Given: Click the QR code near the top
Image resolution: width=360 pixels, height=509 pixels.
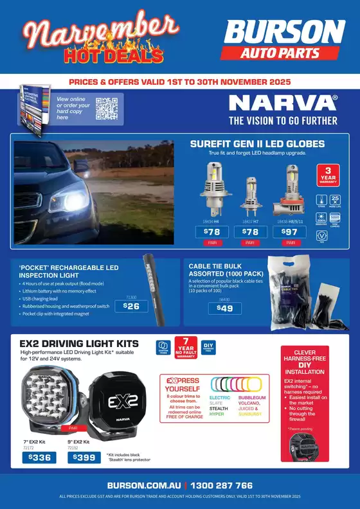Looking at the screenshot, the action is coord(106,108).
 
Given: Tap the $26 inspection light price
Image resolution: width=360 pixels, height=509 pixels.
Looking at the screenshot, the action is coord(131,307).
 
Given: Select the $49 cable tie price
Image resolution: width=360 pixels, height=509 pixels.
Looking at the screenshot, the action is coord(225,308).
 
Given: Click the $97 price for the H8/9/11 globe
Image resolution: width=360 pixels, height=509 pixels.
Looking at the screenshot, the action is coord(291,231).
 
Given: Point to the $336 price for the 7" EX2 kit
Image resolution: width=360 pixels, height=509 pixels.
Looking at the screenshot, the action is coord(39,458).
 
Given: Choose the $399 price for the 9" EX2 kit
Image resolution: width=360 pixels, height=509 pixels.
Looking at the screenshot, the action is coord(85,458).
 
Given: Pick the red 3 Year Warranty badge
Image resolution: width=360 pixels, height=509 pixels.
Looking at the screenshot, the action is coord(328,175).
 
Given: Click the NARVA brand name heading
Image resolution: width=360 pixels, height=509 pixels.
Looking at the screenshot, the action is coord(283,103).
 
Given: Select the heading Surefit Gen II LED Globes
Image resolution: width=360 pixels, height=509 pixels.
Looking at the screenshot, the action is coord(257,143).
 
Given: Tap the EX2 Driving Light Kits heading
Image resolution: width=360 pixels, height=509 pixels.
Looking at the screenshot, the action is coord(80,343).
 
